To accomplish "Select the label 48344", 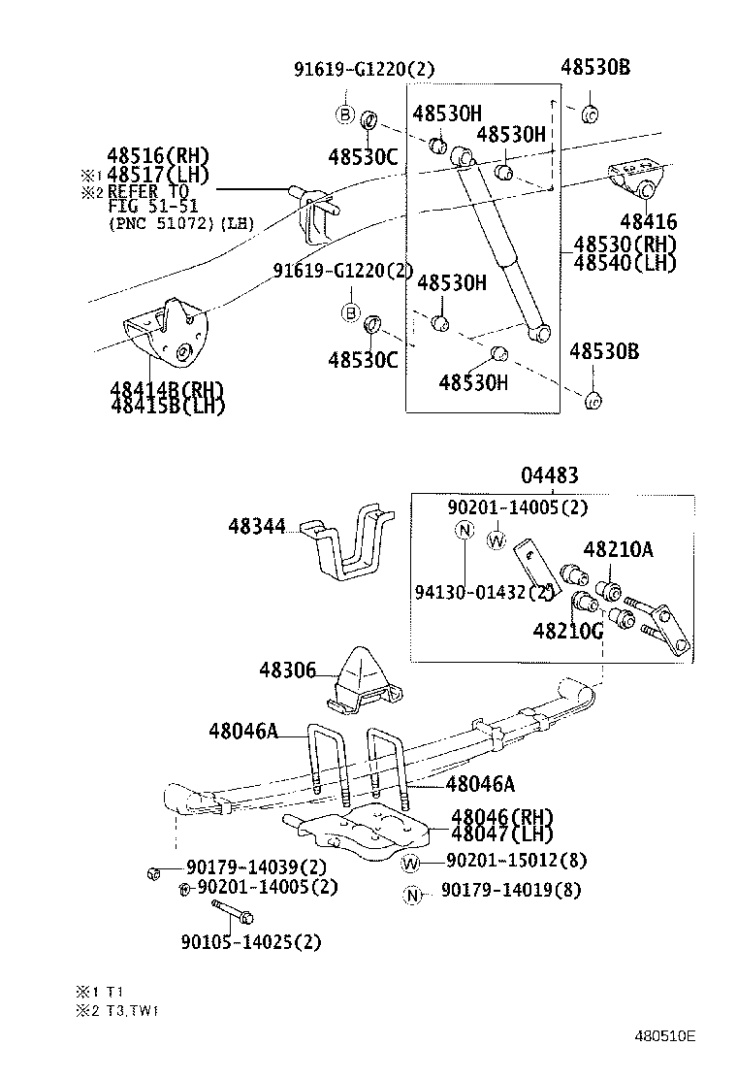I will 257,527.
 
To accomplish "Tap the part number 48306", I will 287,670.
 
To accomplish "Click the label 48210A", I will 618,551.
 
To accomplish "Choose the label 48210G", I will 567,631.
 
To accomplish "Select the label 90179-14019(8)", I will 511,890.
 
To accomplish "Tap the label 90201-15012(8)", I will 516,861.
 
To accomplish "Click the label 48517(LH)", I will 157,175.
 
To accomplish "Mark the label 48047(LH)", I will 502,834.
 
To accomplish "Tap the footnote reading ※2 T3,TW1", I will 117,1010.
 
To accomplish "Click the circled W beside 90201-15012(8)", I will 411,862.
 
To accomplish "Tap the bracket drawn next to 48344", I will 344,540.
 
